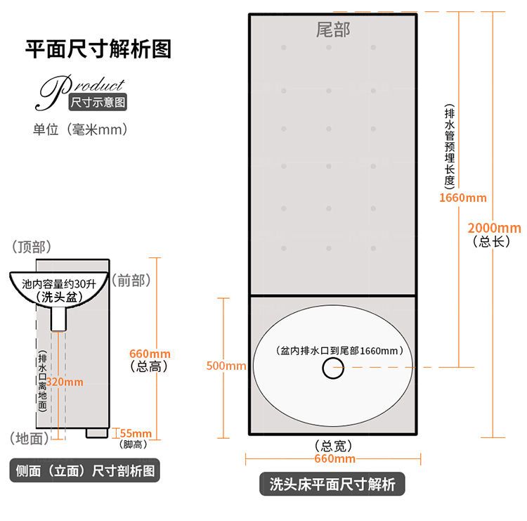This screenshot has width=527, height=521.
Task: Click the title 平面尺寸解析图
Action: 98,49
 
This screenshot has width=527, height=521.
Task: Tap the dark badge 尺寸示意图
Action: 98,103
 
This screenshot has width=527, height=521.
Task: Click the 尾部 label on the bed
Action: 332,30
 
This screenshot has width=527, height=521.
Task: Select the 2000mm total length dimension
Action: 495,228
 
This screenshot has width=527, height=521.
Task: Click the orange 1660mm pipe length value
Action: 462,198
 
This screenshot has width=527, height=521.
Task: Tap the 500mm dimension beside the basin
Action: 226,366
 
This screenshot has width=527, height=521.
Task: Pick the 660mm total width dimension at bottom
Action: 334,459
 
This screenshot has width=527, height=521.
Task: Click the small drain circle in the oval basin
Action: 333,368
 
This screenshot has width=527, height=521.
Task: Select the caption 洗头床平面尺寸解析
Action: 332,484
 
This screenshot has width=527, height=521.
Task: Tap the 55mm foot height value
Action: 136,432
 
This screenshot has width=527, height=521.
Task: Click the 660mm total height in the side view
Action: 150,354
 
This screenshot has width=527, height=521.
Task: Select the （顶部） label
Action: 32,247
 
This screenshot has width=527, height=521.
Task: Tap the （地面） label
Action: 30,439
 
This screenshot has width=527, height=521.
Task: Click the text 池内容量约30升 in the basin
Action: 59,285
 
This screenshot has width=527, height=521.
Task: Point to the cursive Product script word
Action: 81,89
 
